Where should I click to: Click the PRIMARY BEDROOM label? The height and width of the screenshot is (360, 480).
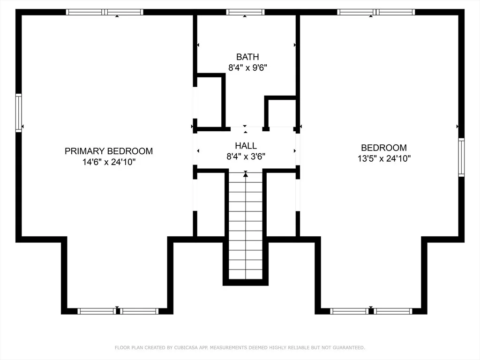(109, 151)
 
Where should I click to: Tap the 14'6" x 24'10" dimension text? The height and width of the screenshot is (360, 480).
(109, 162)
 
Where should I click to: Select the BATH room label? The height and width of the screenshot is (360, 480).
(247, 57)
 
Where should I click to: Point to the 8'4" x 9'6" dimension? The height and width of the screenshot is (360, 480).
(247, 67)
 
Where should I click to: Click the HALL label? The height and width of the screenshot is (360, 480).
(246, 146)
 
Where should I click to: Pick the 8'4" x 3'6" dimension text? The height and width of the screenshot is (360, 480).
(246, 157)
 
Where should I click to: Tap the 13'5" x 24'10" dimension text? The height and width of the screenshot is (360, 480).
(384, 158)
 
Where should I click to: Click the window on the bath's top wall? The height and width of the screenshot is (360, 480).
(245, 12)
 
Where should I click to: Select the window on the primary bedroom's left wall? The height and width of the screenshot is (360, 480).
(19, 113)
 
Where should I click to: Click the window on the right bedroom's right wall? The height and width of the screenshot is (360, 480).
(461, 157)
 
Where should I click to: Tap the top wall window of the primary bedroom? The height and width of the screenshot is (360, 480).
(105, 12)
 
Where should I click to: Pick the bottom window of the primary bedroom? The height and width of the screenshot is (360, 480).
(118, 311)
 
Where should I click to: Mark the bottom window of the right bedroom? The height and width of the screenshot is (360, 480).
(371, 311)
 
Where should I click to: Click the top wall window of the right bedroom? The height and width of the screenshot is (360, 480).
(376, 12)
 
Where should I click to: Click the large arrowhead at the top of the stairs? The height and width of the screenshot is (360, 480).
(246, 175)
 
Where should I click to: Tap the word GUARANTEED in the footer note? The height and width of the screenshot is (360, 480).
(349, 348)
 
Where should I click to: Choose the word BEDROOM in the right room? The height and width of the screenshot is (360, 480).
(384, 148)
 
